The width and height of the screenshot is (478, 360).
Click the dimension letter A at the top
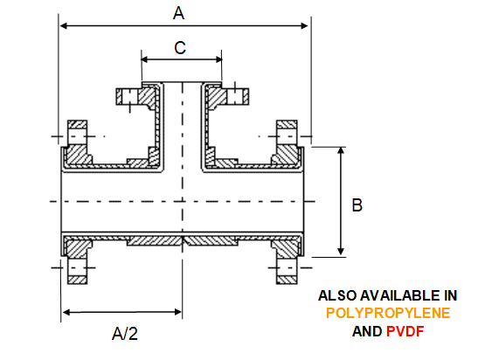[x=178, y=13]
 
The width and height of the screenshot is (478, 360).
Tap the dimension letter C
[x=180, y=48]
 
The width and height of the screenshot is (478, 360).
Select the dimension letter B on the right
[x=357, y=205]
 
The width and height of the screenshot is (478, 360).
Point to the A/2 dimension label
[x=125, y=334]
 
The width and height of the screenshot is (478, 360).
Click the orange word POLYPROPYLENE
[x=388, y=314]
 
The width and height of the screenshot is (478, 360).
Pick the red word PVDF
[x=405, y=332]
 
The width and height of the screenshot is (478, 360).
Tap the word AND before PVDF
[x=367, y=332]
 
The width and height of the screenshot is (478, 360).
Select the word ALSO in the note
[x=337, y=295]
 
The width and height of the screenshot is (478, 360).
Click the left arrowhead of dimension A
[x=64, y=26]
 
